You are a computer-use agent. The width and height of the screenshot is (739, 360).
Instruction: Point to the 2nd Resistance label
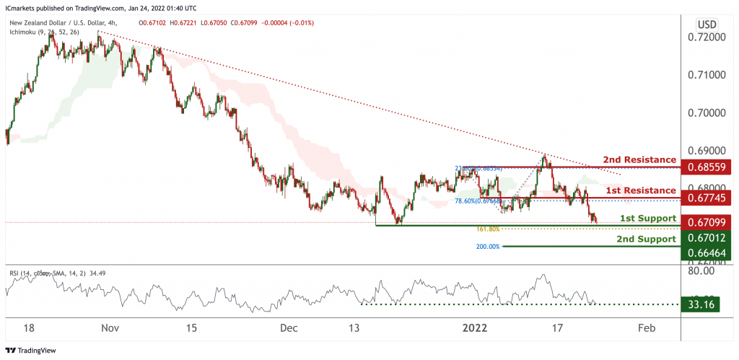coord(639,159)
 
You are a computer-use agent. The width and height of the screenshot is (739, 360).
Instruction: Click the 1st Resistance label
coord(640,190)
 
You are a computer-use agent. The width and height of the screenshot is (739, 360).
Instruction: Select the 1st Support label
coord(647,218)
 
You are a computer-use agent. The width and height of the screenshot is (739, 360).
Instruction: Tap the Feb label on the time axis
coord(647,328)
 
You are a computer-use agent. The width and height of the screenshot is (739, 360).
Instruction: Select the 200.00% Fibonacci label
coord(487,247)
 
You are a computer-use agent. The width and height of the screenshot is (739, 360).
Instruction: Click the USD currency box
coord(706,24)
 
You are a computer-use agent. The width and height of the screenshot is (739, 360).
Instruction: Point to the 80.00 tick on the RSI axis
coord(706,271)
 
